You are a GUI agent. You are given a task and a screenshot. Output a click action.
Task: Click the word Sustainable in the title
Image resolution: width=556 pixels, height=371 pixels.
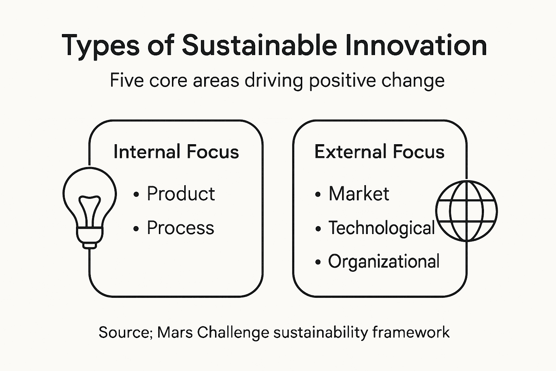[259, 45]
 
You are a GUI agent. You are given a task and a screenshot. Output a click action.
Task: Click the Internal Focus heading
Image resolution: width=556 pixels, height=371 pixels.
[176, 151]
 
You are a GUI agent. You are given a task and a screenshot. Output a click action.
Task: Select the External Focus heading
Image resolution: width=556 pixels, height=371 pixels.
[379, 151]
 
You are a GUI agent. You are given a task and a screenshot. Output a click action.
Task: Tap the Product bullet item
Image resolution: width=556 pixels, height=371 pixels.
[181, 194]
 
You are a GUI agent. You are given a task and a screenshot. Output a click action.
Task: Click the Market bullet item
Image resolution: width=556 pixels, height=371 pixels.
[359, 194]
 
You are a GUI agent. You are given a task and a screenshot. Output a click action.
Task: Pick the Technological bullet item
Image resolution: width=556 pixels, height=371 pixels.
[381, 228]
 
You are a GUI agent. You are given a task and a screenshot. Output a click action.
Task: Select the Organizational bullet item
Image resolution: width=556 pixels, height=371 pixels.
[384, 262]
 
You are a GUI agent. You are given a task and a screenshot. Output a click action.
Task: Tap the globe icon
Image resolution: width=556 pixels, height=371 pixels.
[466, 211]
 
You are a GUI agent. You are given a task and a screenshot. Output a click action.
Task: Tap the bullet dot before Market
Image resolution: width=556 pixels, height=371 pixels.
[318, 195]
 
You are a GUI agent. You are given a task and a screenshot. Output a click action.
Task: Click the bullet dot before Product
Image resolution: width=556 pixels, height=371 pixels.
[136, 195]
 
